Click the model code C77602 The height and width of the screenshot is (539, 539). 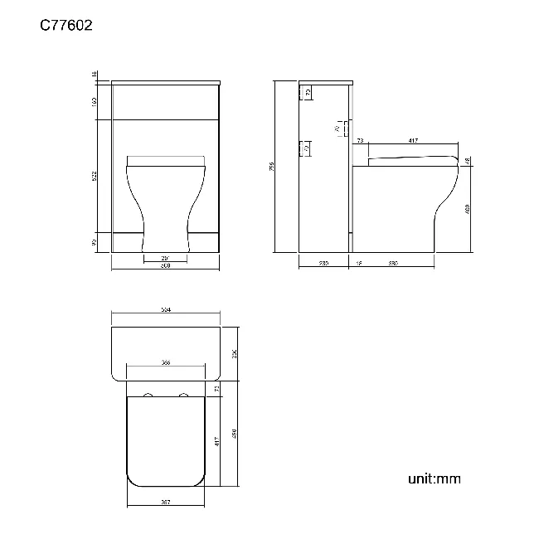point(66,26)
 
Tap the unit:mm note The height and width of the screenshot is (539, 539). point(434,478)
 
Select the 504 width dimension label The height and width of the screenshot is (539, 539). point(165,309)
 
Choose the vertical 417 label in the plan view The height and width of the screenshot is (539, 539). point(216,442)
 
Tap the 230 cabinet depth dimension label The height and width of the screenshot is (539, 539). point(323,264)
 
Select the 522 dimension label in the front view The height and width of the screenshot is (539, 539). point(95,175)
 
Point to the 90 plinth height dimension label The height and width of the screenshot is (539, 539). point(95,242)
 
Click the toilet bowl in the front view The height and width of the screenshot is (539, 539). point(165,199)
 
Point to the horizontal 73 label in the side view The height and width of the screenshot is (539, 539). point(360,142)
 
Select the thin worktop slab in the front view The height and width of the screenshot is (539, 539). point(165,82)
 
